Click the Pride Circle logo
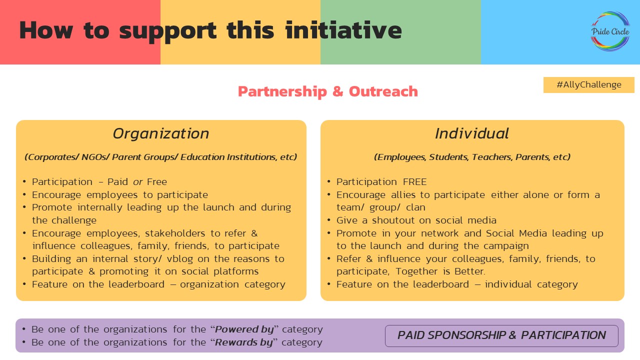610,31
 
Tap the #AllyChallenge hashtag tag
588,85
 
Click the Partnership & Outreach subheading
327,91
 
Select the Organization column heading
160,133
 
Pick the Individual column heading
471,133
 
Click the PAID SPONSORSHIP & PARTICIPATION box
501,335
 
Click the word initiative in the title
343,30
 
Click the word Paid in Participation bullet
118,182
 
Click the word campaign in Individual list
503,246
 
